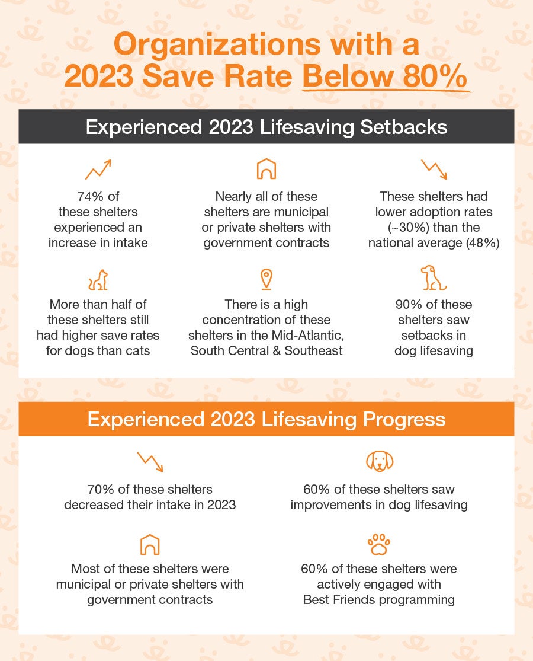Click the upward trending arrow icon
98,170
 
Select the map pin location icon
266,279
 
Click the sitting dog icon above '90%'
434,278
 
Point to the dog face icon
380,461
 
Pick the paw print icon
379,544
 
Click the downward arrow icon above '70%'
150,462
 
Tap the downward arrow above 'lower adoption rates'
434,170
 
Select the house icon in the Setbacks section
266,170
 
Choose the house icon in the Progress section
150,544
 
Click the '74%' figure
90,196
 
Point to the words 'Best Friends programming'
379,599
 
